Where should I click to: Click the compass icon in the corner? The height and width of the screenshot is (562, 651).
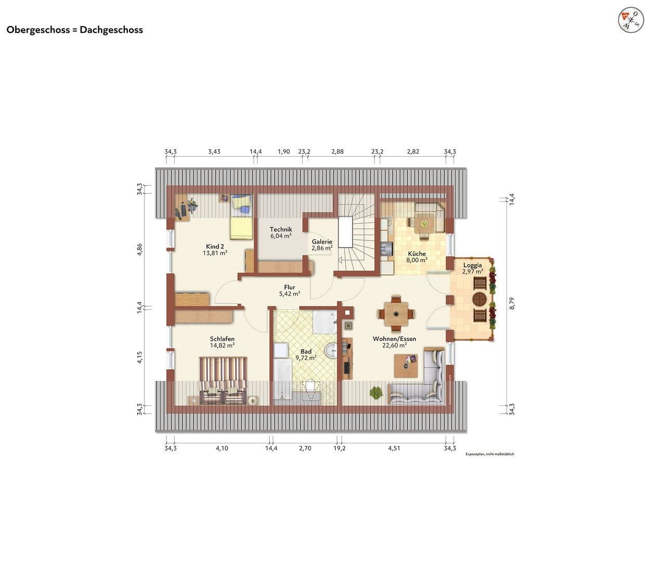coord(630,21)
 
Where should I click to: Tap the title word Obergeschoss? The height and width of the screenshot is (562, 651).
coord(37,30)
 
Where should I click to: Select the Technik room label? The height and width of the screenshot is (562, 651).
coord(281,229)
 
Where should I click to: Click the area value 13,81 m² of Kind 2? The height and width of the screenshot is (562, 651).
coord(215,253)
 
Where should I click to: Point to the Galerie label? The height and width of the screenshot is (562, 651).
coord(322,242)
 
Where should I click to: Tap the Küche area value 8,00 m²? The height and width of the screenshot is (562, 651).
coord(416,260)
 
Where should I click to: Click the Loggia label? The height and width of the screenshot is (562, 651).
coord(472,265)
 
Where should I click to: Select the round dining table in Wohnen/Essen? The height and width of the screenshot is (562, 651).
coord(396,314)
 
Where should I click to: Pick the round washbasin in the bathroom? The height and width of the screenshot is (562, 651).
coord(331,351)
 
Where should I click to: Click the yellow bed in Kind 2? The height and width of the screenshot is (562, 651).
coord(241,218)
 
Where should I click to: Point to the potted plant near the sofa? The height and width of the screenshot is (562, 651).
coord(374,393)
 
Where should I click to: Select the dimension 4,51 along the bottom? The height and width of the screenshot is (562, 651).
coord(394,448)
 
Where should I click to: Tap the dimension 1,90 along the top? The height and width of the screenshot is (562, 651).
coord(283,152)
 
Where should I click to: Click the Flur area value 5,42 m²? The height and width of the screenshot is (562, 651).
coord(290,294)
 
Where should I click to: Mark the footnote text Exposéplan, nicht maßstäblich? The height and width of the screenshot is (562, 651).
coord(489,454)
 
